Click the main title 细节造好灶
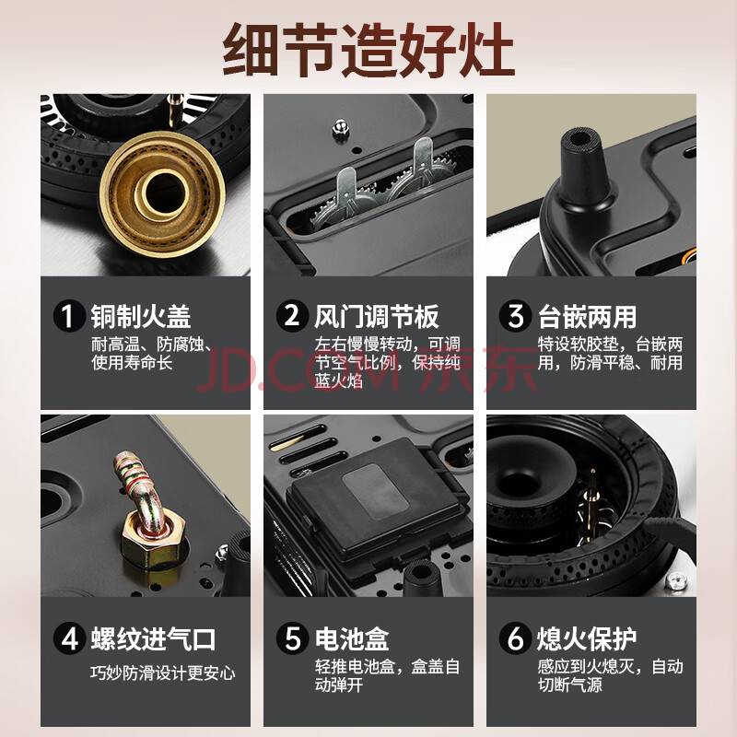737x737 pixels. tap(368, 51)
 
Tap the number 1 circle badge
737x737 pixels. tap(68, 316)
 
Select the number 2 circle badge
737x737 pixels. tap(292, 316)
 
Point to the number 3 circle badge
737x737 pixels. tap(515, 316)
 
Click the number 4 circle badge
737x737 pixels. tap(68, 638)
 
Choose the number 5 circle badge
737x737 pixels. tap(292, 638)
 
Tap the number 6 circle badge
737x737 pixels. tap(515, 638)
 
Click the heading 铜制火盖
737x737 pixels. tap(141, 316)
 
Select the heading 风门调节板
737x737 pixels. tap(377, 316)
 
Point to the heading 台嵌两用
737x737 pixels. tap(587, 316)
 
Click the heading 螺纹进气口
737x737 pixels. tap(153, 638)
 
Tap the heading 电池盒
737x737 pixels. tap(352, 638)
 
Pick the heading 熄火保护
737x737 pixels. tap(587, 638)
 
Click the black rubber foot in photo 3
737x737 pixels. tap(584, 166)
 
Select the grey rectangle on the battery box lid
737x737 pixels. tap(375, 490)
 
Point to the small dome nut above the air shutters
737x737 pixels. tap(340, 128)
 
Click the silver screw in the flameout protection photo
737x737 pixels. tap(676, 581)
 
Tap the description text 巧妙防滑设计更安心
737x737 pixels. tap(163, 673)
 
